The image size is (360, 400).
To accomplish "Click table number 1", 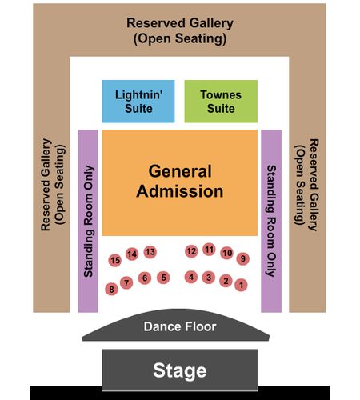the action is click(x=241, y=285).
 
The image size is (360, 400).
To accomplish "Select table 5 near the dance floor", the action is click(x=163, y=278).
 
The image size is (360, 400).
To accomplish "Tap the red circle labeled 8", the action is click(x=112, y=289).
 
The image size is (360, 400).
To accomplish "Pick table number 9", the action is click(x=243, y=258).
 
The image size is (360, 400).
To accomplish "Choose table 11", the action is click(x=209, y=250).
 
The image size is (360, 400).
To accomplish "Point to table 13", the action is click(x=150, y=252).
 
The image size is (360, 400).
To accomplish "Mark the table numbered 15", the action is click(x=115, y=260).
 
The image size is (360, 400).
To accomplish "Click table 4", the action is click(x=191, y=277).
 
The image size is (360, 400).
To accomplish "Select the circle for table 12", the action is click(x=191, y=251).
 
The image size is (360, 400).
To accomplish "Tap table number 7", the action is click(x=126, y=282).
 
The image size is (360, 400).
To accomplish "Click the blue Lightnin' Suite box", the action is click(x=138, y=102).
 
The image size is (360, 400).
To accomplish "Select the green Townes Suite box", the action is click(x=221, y=102).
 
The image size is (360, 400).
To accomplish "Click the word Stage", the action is click(x=180, y=370).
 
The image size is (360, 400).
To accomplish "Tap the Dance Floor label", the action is click(x=180, y=326).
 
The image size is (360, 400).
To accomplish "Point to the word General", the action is click(x=180, y=171).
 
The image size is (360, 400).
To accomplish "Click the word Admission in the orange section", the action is click(x=180, y=191).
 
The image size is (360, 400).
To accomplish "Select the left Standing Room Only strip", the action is click(x=88, y=221).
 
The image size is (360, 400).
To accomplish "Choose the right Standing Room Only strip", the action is click(x=271, y=221).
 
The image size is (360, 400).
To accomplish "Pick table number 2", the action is click(x=226, y=281).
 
